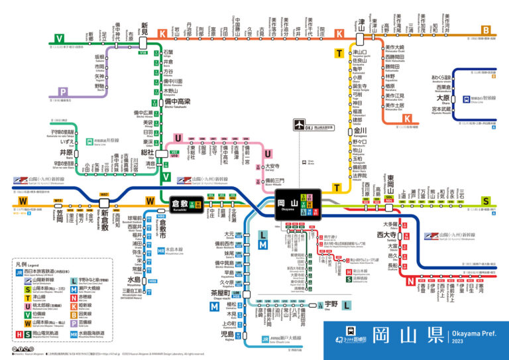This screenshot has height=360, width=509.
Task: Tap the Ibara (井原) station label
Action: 66,152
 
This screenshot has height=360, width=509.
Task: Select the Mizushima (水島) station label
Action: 153,279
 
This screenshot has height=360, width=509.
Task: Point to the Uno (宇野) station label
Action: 321,304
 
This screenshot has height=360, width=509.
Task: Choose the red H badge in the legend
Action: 19,335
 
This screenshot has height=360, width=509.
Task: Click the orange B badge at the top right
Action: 486,30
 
